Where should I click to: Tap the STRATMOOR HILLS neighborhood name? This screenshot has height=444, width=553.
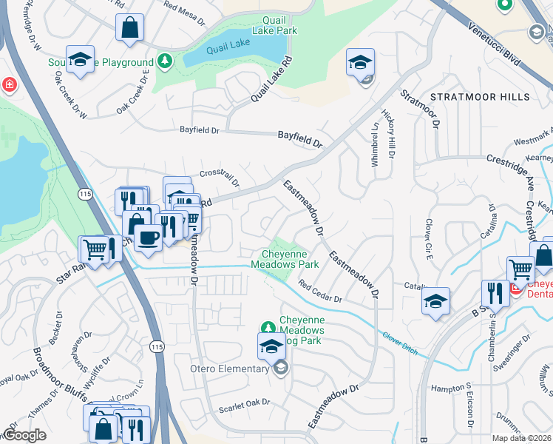[480, 97]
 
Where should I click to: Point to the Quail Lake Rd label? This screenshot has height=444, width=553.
[267, 83]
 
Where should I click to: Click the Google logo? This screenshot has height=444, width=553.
[25, 435]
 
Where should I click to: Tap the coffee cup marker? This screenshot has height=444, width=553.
[148, 238]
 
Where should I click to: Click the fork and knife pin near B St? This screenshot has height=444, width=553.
[495, 293]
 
